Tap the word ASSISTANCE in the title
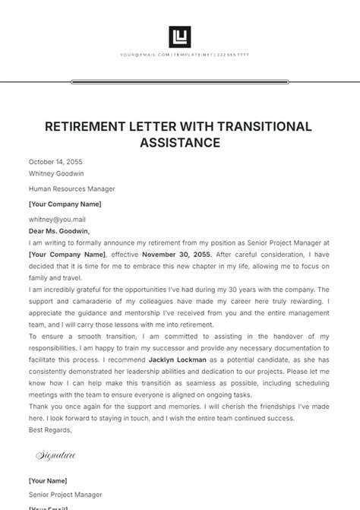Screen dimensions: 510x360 pos(180,142)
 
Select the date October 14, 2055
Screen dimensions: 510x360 pos(55,162)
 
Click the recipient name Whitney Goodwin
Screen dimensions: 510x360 pos(57,173)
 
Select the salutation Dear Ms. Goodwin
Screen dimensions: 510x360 pos(59,230)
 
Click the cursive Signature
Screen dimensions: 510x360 pos(56,455)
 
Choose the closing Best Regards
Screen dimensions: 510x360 pos(50,429)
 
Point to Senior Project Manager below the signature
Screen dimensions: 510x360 pos(65,494)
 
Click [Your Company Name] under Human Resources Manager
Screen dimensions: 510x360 pos(65,204)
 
